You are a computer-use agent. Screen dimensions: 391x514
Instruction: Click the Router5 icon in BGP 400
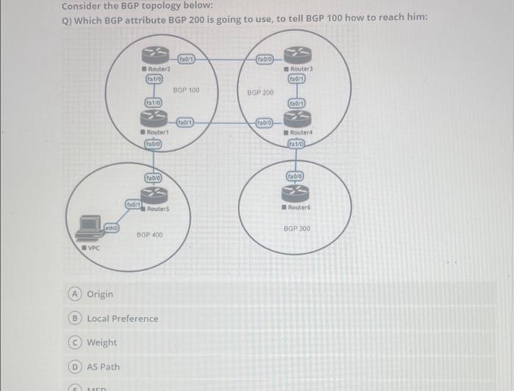155,193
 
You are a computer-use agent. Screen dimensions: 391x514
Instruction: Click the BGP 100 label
186,90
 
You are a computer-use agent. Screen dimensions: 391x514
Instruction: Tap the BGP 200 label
260,93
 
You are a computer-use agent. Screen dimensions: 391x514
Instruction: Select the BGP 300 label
297,229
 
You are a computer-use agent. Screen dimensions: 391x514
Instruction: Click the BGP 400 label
150,234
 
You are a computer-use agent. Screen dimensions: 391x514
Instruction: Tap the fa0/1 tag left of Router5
133,204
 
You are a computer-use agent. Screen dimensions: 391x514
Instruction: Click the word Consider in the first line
81,6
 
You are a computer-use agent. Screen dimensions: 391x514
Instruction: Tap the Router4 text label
301,132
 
